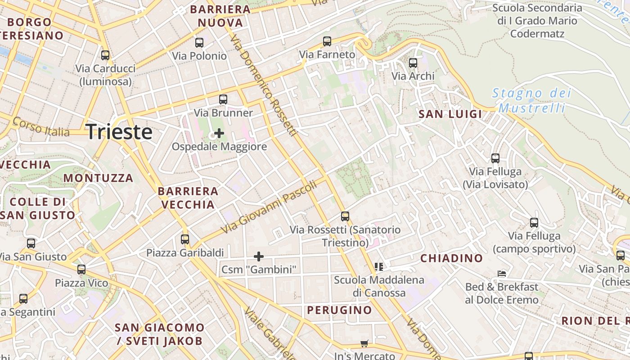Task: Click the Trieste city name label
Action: (x=119, y=132)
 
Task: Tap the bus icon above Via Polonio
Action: (x=199, y=43)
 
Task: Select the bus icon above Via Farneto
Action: (x=327, y=41)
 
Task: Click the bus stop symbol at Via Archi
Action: (x=413, y=63)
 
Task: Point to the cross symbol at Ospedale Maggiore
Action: (x=219, y=133)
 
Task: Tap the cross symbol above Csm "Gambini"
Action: (x=259, y=256)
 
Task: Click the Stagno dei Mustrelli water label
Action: (x=531, y=100)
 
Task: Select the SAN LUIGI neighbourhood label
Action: (x=450, y=114)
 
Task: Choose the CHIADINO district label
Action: (x=451, y=258)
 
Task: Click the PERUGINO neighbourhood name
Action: (x=339, y=310)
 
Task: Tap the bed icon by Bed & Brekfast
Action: (x=502, y=274)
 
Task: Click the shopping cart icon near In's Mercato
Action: (x=364, y=344)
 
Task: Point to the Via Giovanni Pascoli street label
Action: (x=269, y=207)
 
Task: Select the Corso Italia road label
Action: (x=41, y=127)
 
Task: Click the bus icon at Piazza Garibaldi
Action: (x=185, y=239)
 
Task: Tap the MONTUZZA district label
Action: (x=98, y=178)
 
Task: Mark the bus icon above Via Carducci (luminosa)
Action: (x=105, y=55)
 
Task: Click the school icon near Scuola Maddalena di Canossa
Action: (x=379, y=267)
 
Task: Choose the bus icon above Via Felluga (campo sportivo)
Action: (x=534, y=223)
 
